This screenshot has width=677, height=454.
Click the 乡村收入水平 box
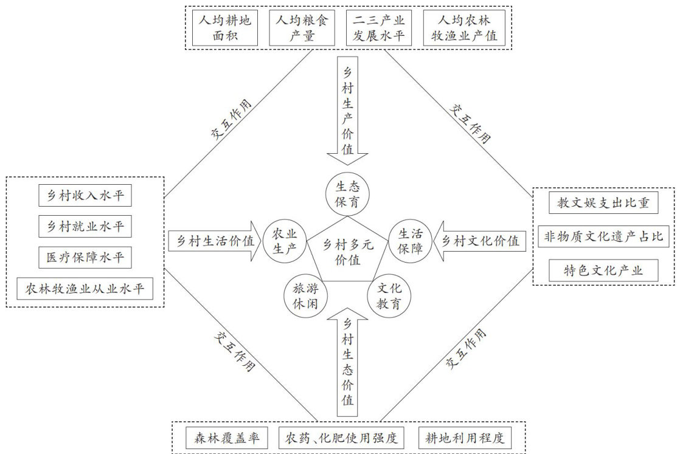coord(85,196)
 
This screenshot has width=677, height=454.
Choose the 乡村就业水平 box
coord(85,227)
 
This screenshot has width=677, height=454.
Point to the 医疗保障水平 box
coord(85,258)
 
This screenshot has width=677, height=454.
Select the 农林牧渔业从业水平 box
coord(85,289)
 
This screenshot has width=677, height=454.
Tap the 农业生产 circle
coord(284,240)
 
